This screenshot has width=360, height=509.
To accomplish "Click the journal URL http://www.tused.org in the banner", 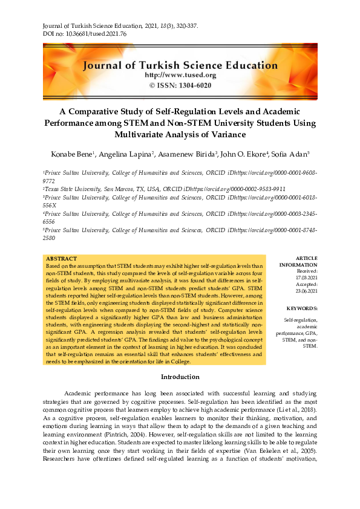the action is click(x=180, y=76).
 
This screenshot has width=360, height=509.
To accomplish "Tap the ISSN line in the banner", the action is click(x=180, y=85).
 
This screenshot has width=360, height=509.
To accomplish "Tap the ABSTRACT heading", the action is click(x=61, y=258).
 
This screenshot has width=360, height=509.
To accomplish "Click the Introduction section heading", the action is click(x=180, y=377).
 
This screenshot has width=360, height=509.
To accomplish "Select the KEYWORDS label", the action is click(x=301, y=308).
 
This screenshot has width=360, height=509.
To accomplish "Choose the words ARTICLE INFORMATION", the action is click(x=298, y=262).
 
